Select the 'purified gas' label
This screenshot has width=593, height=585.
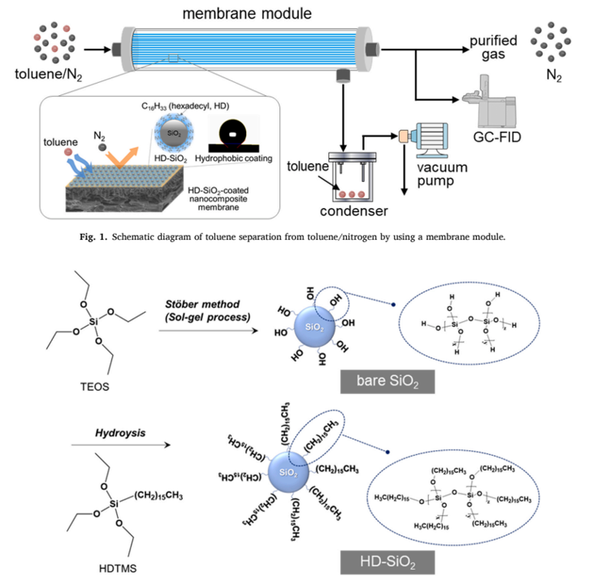[494, 47]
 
